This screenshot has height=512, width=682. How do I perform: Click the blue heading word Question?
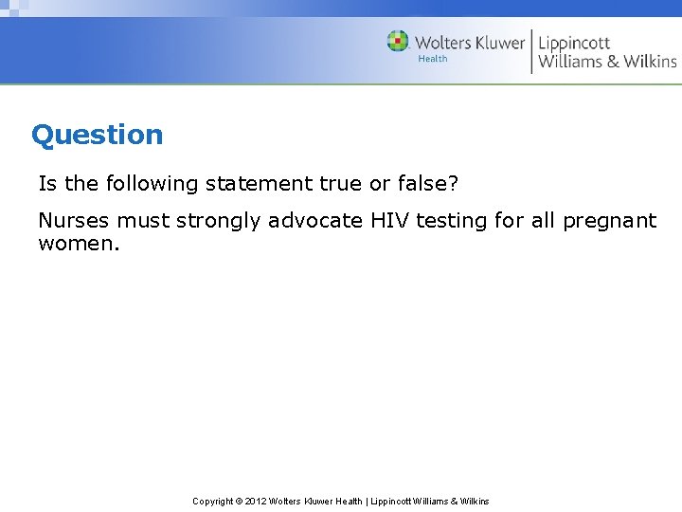coord(97,135)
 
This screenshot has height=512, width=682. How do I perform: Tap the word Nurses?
coord(74,221)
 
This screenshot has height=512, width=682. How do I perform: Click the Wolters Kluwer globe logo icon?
coord(398,41)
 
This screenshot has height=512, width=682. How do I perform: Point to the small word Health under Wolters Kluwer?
coord(433,59)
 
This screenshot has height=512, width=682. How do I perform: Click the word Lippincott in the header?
coord(574,43)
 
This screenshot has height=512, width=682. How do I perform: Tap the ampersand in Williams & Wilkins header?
coord(613,62)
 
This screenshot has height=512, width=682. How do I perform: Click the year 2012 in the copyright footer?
coord(256,501)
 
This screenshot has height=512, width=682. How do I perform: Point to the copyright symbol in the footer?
coord(238,501)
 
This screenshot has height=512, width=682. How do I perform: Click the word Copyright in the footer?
coord(212,501)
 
